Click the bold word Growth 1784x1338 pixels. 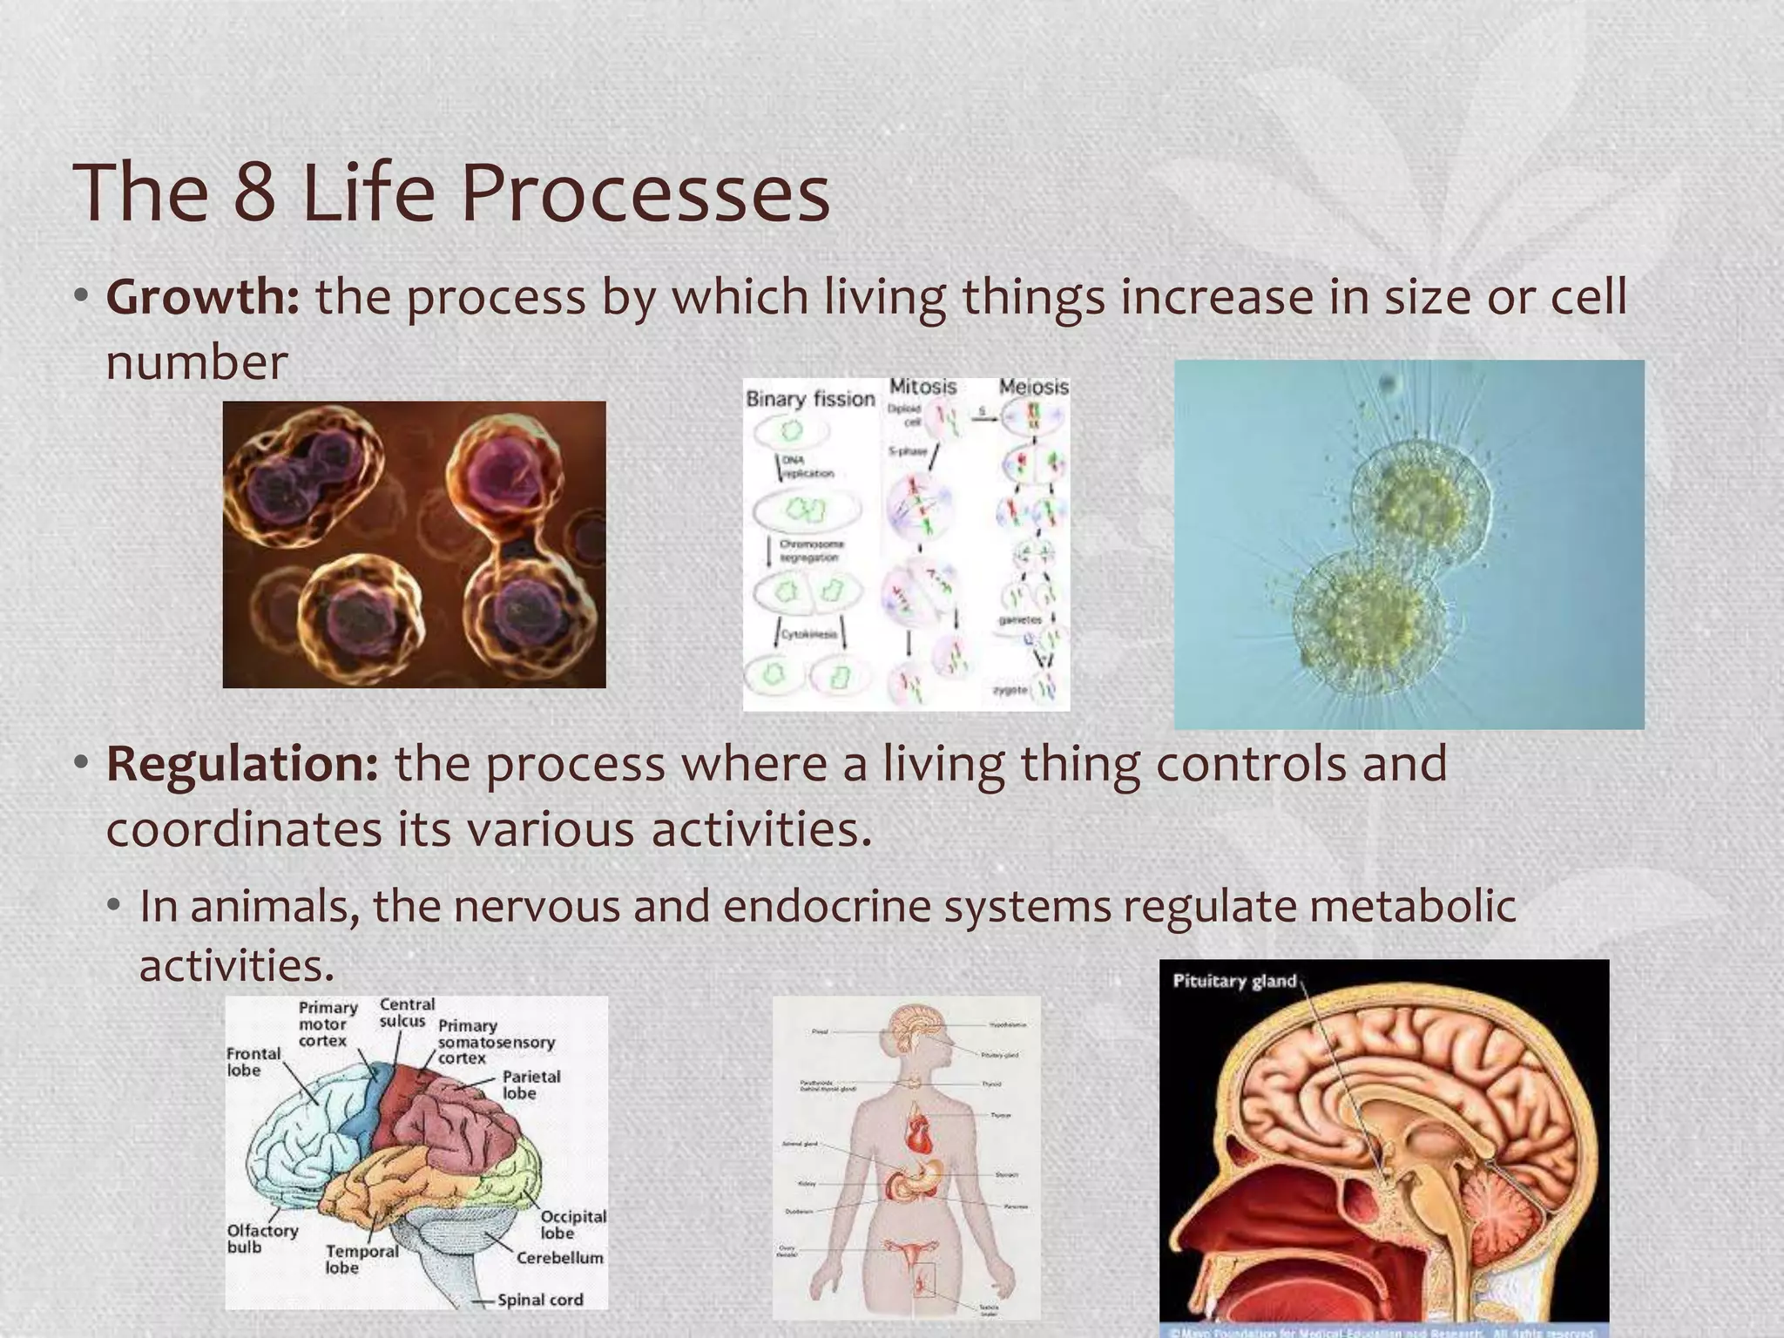coord(202,298)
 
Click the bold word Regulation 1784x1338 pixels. coord(241,764)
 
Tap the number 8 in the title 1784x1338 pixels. coord(254,193)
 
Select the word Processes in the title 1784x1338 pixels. coord(645,193)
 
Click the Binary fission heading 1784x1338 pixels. coord(810,399)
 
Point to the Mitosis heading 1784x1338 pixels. coord(922,386)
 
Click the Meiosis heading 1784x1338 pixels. coord(1033,386)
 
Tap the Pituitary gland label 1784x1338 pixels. coord(1234,981)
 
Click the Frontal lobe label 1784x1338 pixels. coord(253,1062)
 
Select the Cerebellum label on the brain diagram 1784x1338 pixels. coord(559,1258)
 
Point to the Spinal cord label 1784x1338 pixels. coord(540,1300)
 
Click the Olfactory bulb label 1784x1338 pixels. coord(261,1239)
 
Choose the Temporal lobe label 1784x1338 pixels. coord(361,1260)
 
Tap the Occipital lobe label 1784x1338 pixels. coord(572,1225)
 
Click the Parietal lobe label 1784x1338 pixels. coord(530,1085)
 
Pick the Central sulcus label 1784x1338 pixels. coord(405,1012)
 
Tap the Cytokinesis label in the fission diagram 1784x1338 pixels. coord(808,634)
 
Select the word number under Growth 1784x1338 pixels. coord(196,362)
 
